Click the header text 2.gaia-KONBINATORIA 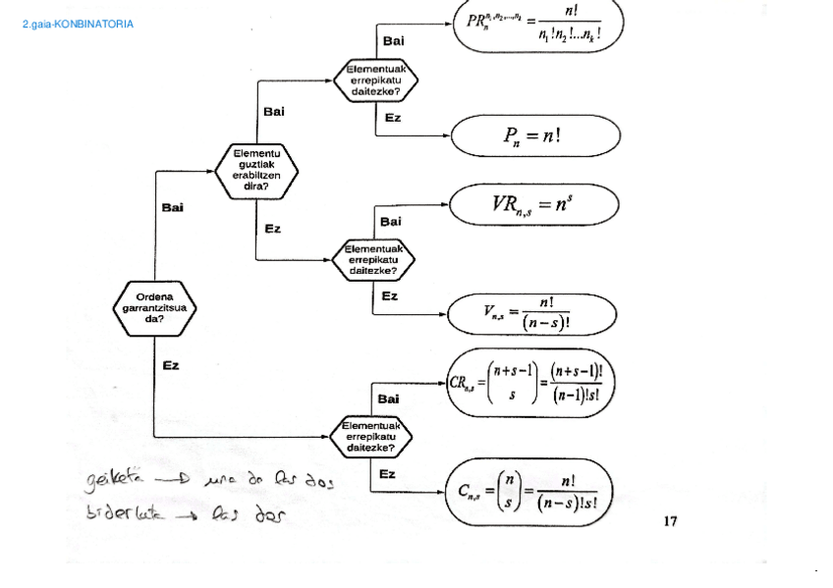click(x=78, y=25)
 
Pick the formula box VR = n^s click(x=534, y=205)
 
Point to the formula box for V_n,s click(x=531, y=315)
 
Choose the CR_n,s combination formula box click(x=529, y=382)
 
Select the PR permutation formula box click(x=538, y=27)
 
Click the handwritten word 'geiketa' click(x=115, y=481)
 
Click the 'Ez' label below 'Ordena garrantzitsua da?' click(x=171, y=365)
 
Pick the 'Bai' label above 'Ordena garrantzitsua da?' click(x=172, y=207)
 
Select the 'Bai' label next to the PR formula click(x=392, y=40)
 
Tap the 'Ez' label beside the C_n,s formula click(x=388, y=474)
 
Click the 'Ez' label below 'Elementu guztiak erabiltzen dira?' click(x=273, y=229)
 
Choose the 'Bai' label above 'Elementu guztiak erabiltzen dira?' click(x=274, y=111)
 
